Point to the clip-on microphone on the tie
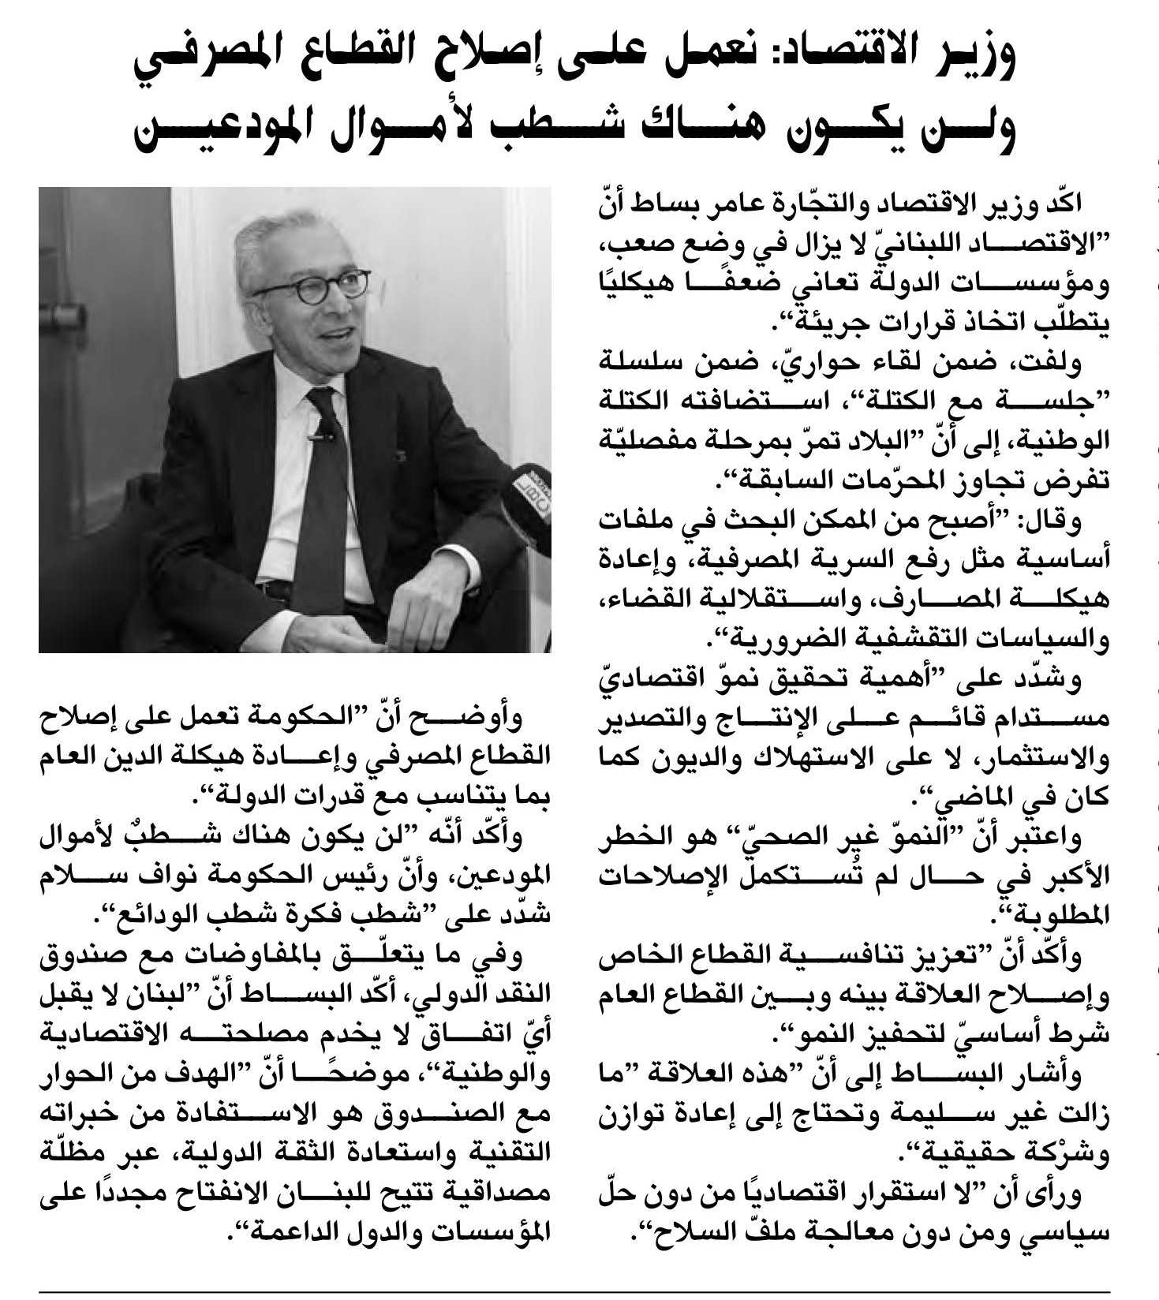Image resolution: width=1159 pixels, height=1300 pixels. click(x=322, y=430)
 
